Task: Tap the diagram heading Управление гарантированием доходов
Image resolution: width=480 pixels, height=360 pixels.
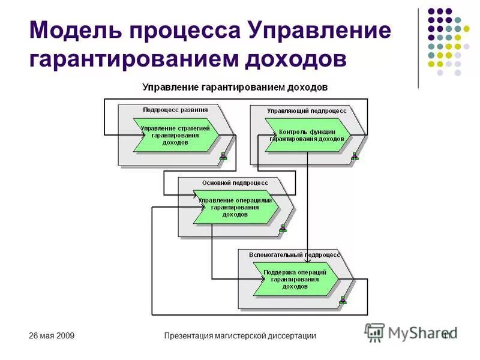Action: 235,87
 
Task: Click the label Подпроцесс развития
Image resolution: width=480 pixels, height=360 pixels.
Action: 175,110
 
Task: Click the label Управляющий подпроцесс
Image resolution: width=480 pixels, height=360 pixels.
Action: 306,110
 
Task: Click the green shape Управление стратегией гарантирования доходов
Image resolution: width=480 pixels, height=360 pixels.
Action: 175,135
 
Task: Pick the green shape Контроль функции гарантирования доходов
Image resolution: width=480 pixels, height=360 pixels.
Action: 307,135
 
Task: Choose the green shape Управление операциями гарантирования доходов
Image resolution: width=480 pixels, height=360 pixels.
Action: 235,207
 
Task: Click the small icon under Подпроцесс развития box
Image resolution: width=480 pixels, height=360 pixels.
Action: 223,157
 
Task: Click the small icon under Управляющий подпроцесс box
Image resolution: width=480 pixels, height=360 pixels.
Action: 355,157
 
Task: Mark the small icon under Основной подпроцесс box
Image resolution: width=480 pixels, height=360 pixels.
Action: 283,229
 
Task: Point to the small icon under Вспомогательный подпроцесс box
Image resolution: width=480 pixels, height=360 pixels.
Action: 343,301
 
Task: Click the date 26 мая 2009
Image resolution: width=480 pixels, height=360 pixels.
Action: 52,336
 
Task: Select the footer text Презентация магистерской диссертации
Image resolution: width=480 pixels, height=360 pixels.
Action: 240,336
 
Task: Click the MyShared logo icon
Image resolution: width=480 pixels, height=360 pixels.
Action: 375,332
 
